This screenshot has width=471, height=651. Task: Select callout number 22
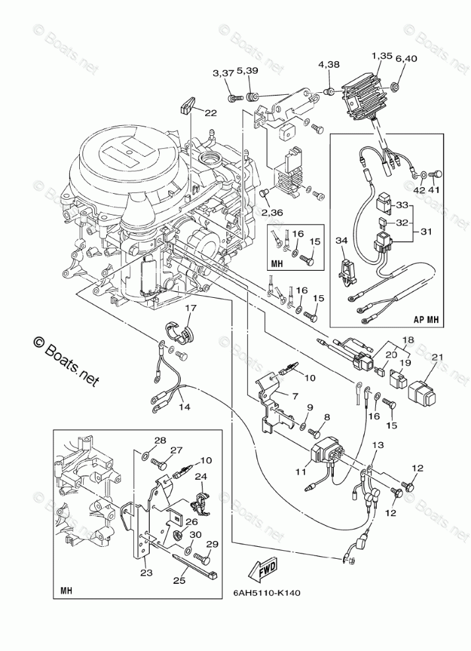pos(210,113)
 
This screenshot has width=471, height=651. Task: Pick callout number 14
pos(183,407)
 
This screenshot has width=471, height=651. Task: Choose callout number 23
pos(147,573)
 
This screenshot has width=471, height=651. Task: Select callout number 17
pos(190,308)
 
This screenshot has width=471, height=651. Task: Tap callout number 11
pos(301,472)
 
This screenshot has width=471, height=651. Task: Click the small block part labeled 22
pos(187,105)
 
